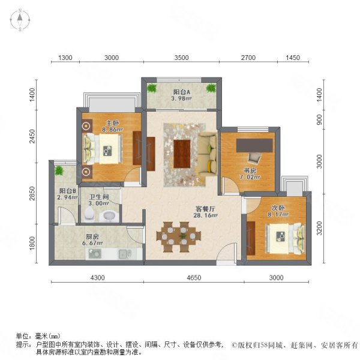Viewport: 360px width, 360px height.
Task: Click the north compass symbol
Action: point(19,20)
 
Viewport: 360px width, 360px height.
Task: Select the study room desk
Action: point(255,145)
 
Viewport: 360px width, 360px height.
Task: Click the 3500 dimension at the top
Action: point(181,58)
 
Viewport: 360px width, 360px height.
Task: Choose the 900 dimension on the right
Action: point(319,119)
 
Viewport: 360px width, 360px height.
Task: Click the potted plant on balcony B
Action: point(59,171)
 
